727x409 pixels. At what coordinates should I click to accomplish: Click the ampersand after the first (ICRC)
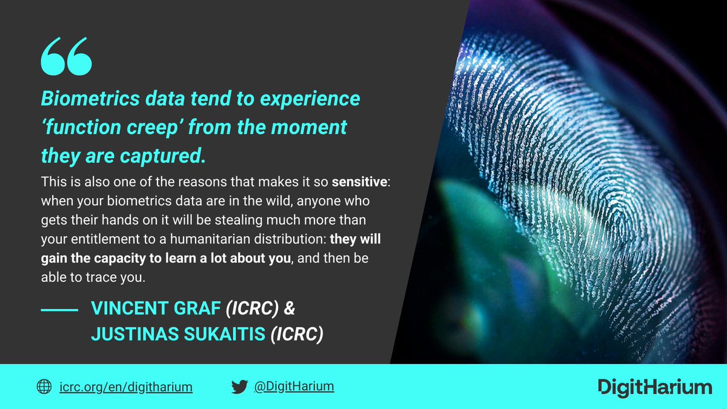tap(290, 308)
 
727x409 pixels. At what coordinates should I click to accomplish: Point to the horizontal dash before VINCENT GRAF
tap(59, 310)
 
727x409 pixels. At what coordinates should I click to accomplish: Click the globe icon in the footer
tap(44, 387)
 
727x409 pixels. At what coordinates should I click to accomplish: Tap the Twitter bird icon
tap(239, 387)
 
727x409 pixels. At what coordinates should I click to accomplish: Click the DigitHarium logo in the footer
tap(654, 387)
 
